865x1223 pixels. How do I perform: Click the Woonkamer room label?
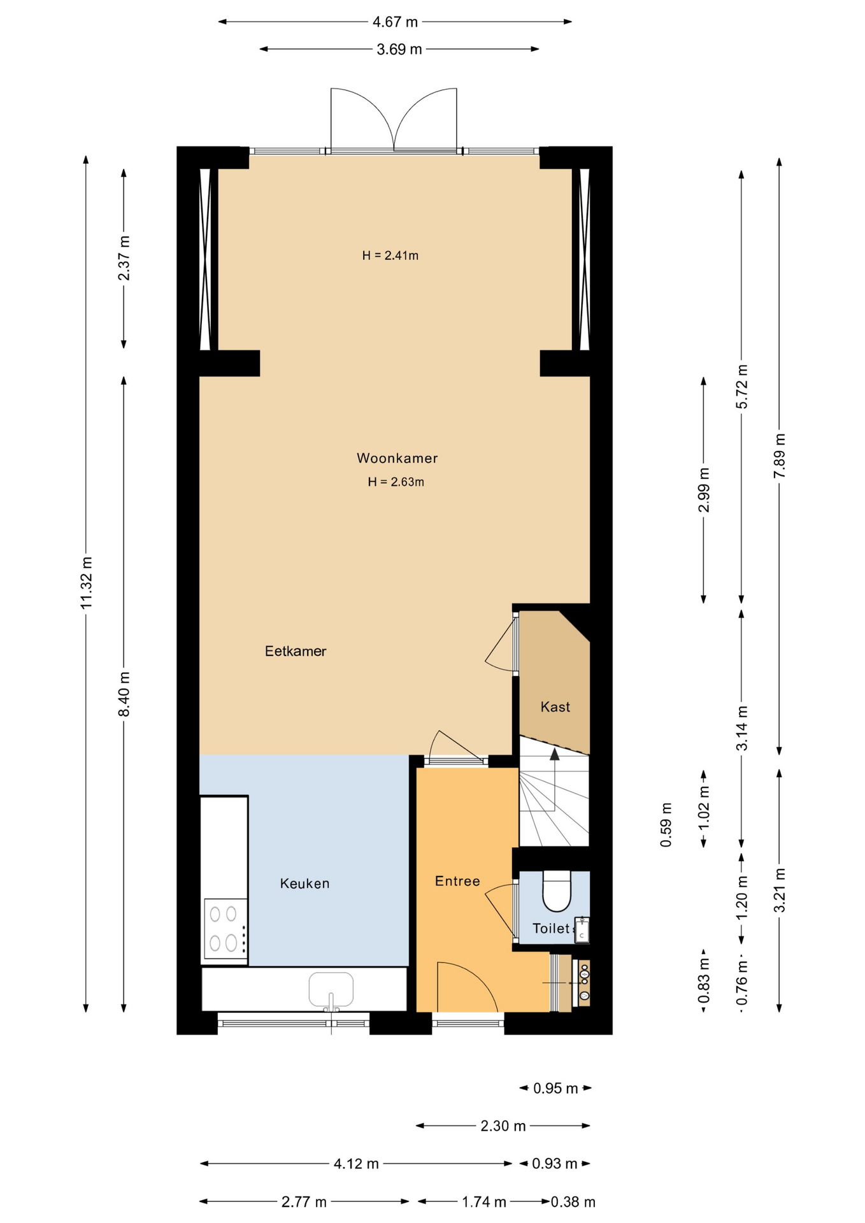(397, 458)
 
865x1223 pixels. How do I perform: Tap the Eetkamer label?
(296, 651)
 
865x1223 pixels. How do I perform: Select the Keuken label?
(304, 883)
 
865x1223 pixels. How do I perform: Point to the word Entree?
(457, 881)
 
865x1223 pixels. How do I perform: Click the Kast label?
(555, 706)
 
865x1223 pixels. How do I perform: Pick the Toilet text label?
(551, 928)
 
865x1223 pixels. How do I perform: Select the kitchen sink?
(331, 989)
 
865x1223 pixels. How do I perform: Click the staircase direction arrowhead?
(555, 754)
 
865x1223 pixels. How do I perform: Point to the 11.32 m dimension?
(87, 582)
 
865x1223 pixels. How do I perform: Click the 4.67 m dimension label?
(395, 22)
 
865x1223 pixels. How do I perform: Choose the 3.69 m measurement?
(399, 49)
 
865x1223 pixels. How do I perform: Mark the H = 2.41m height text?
(390, 255)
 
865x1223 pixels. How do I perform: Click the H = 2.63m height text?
(396, 482)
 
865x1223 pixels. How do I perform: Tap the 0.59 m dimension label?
(666, 824)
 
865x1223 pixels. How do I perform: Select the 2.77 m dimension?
(304, 1201)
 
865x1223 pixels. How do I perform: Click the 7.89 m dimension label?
(780, 455)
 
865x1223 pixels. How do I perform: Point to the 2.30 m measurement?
(503, 1126)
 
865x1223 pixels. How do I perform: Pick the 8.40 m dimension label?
(124, 694)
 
